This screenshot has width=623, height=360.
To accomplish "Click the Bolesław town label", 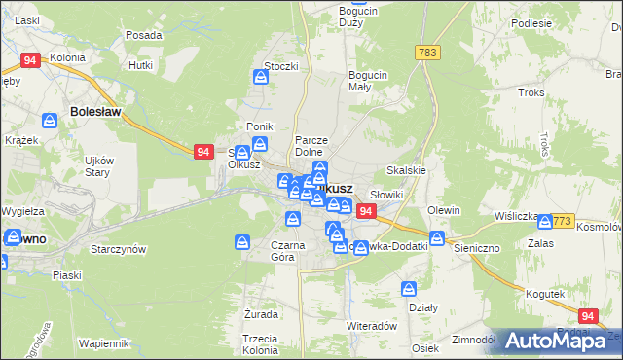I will coord(95,112).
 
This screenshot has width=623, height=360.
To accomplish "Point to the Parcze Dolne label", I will coord(315,146).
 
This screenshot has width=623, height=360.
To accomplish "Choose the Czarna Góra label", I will coord(289,251).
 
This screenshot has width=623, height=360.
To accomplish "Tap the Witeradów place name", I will coord(371,326).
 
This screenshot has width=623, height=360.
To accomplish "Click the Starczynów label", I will coord(118,249).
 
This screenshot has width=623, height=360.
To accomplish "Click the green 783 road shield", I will coord(425,52).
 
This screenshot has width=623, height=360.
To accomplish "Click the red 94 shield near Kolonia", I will coord(29,60).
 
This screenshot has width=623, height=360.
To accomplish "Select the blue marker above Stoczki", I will coord(261,78).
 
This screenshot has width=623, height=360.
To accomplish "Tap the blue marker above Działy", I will coord(410,289).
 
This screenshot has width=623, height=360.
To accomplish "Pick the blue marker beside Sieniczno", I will coord(438,238).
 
